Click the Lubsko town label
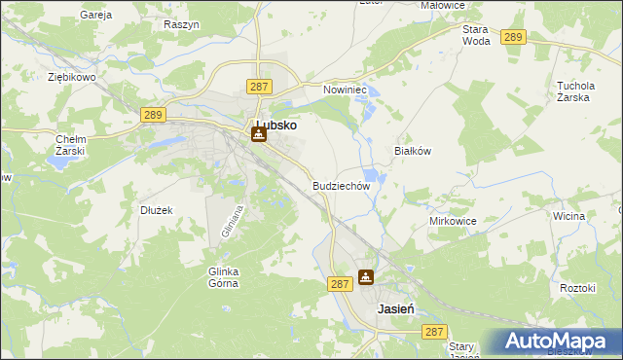click(x=275, y=126)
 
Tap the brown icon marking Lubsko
click(x=258, y=134)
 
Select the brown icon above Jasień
click(x=365, y=277)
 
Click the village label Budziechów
click(x=341, y=185)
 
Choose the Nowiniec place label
click(x=344, y=89)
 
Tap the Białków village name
click(x=412, y=151)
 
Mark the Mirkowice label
click(x=453, y=221)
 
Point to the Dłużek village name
click(x=156, y=209)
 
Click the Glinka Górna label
click(x=225, y=277)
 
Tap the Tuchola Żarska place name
click(x=582, y=91)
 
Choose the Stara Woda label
click(x=476, y=35)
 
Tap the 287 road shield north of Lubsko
click(x=258, y=87)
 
